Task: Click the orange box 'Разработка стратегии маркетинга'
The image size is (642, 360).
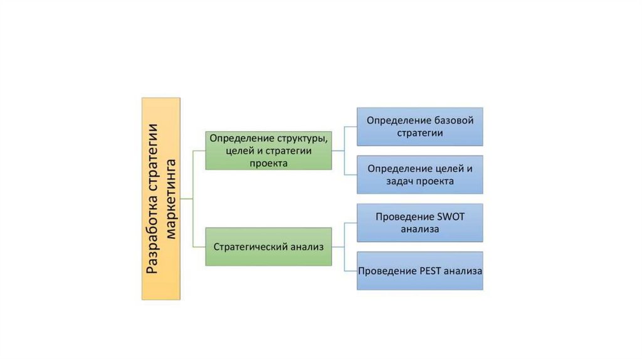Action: click(x=160, y=198)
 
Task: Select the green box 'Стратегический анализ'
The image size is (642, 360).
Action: click(x=268, y=247)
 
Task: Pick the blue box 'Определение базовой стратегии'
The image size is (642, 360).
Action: click(x=420, y=126)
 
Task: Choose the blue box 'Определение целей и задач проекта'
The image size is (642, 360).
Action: click(x=420, y=174)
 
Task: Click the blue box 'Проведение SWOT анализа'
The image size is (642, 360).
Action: click(x=420, y=223)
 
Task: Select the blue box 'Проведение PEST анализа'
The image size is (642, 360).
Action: click(x=420, y=271)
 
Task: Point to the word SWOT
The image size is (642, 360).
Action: click(x=447, y=216)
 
